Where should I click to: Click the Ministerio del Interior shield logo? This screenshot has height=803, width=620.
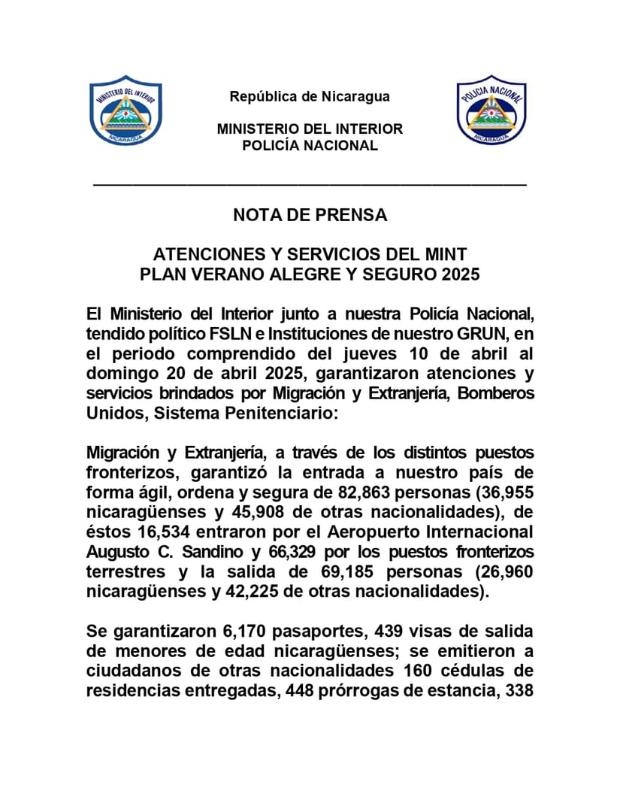(126, 109)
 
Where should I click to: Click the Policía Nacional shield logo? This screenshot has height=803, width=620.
(492, 109)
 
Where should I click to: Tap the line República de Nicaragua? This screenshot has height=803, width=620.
(310, 96)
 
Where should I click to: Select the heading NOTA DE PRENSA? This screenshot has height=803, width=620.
(310, 215)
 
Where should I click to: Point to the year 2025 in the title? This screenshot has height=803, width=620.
(460, 274)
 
